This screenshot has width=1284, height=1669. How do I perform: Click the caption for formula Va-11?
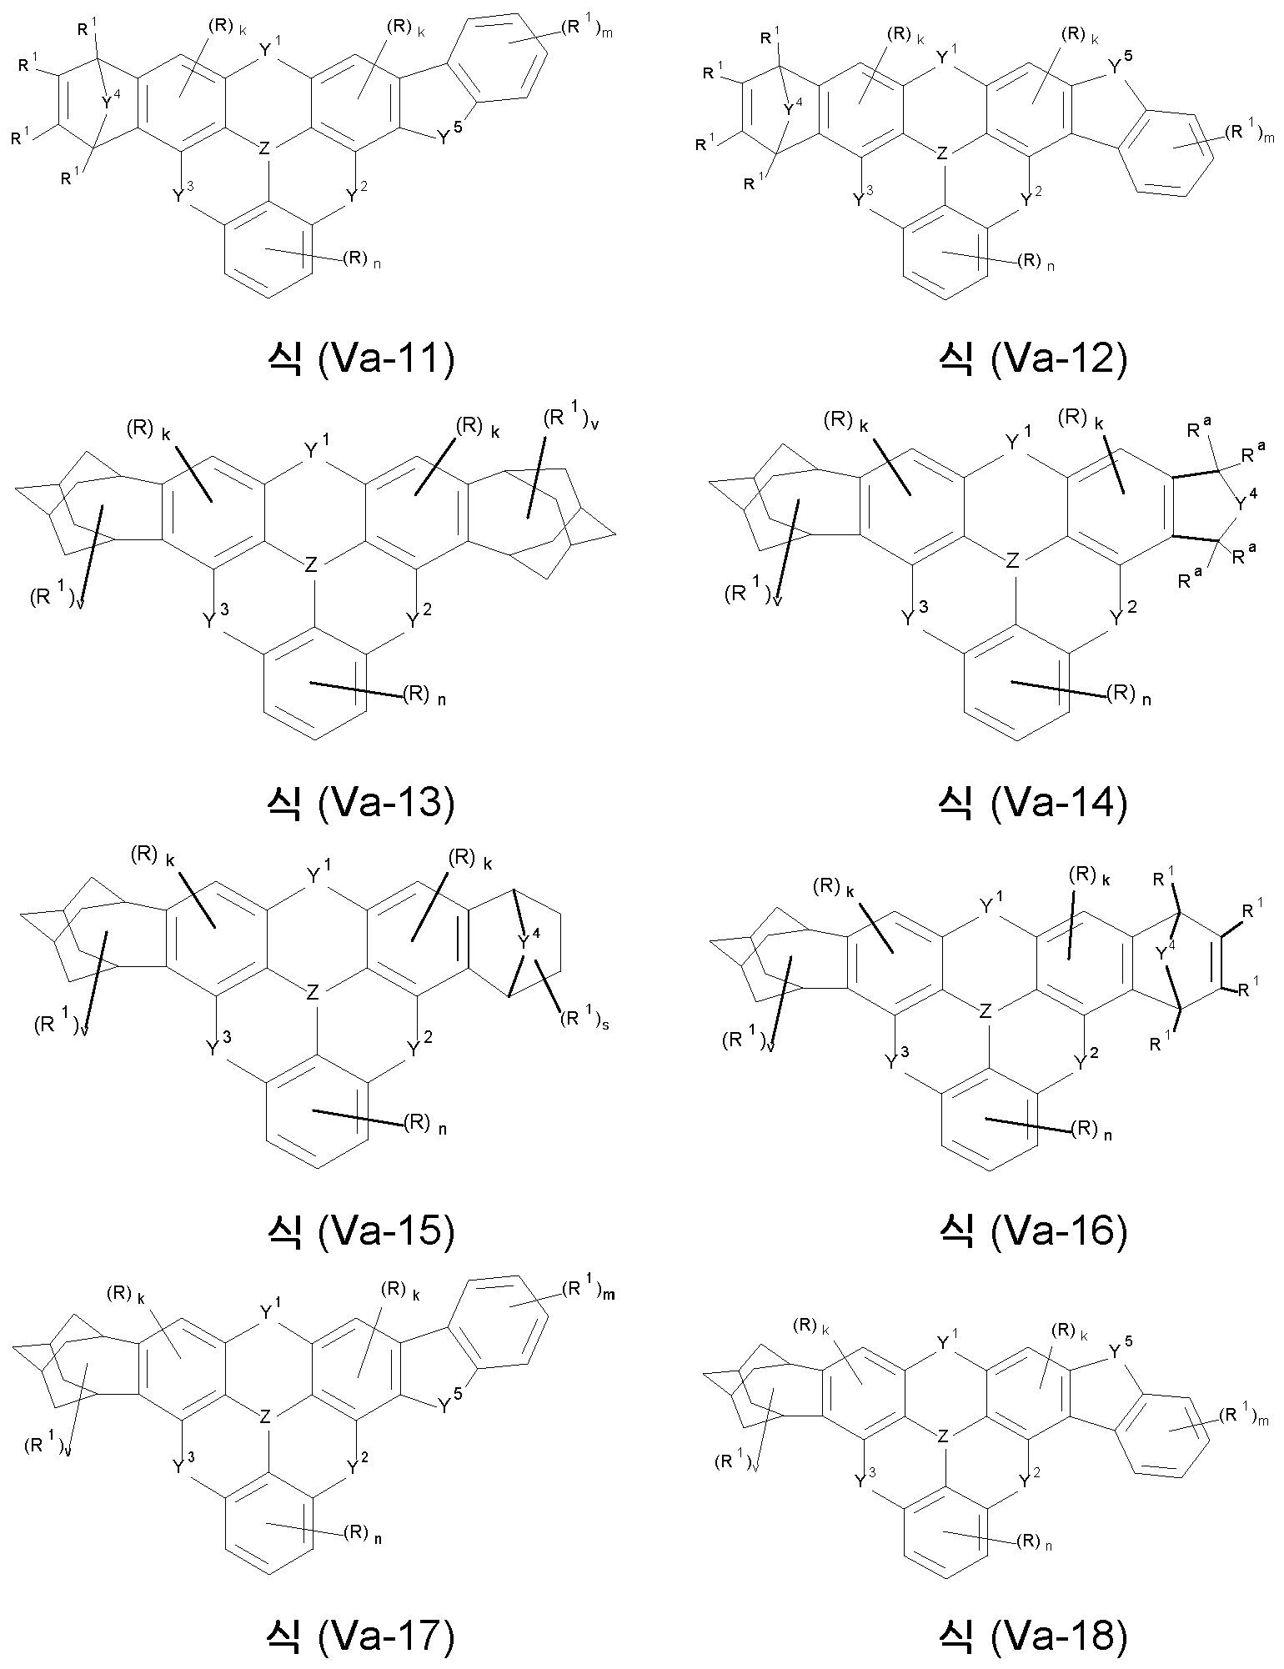[359, 360]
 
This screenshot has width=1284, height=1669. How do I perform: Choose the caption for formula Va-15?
[359, 1231]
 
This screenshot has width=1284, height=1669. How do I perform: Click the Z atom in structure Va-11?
[264, 148]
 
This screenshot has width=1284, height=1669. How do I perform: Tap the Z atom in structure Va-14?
[1012, 561]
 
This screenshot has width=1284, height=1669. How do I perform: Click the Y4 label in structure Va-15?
[529, 941]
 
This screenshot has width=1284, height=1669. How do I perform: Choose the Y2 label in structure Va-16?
[1086, 1060]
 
